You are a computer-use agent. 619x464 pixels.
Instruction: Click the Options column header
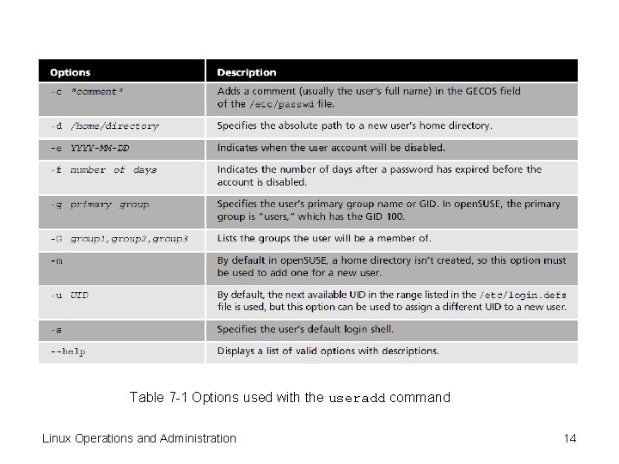point(70,72)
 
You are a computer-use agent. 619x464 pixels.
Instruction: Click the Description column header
point(247,72)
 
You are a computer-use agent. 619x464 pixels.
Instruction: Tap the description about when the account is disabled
point(331,148)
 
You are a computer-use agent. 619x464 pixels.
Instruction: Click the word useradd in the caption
point(357,399)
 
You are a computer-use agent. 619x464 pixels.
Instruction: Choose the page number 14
point(569,438)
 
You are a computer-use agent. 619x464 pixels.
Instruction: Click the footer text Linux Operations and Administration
point(139,438)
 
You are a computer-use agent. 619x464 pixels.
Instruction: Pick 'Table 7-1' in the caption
point(159,398)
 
